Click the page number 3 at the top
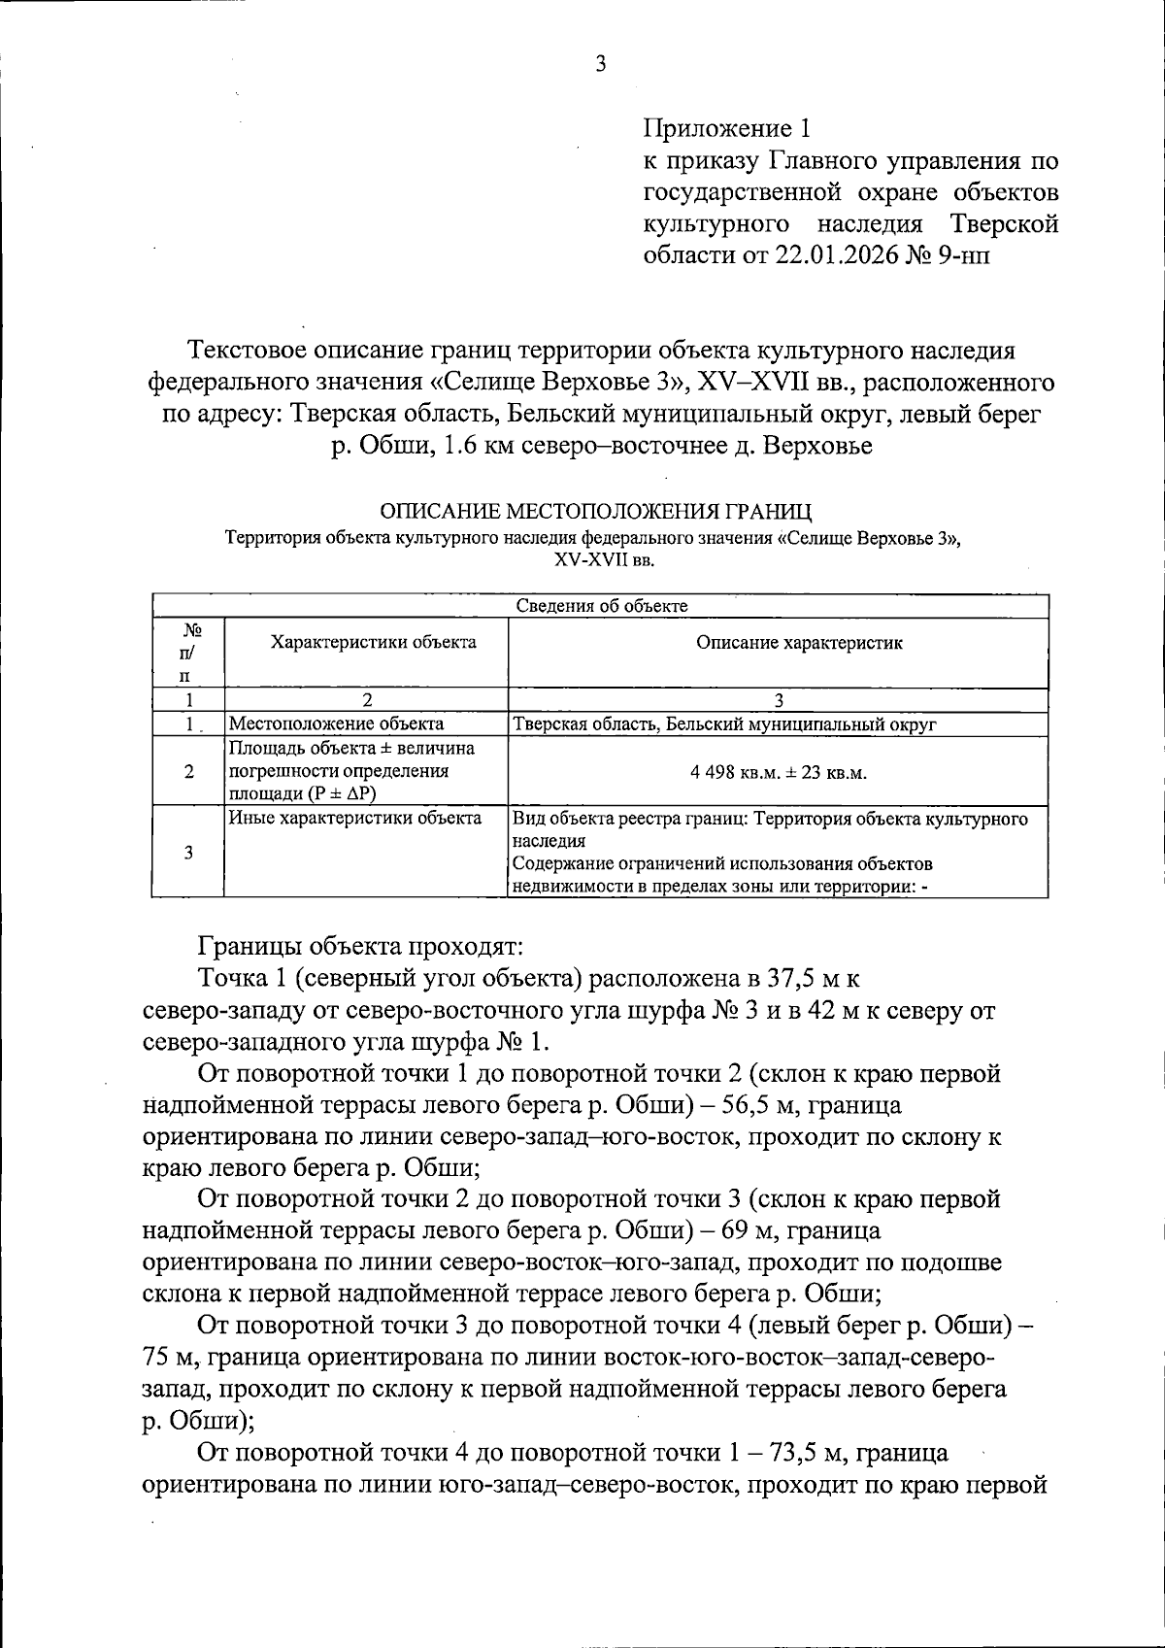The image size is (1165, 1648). point(600,65)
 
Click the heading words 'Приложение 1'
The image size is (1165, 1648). point(726,127)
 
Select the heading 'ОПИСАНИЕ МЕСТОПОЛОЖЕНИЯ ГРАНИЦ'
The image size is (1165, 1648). point(595,511)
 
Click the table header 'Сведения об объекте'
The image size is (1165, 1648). point(601,606)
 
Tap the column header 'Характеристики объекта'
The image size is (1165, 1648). point(374,642)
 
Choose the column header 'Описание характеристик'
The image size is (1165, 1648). point(799,642)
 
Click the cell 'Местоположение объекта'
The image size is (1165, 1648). point(336,723)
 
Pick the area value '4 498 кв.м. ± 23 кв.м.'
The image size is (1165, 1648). point(779,773)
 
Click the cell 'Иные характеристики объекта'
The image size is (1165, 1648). point(354,818)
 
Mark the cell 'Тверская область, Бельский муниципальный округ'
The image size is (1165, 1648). point(724,723)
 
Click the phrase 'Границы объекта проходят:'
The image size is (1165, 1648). point(361,945)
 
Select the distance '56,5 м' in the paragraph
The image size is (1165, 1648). point(762,1105)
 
